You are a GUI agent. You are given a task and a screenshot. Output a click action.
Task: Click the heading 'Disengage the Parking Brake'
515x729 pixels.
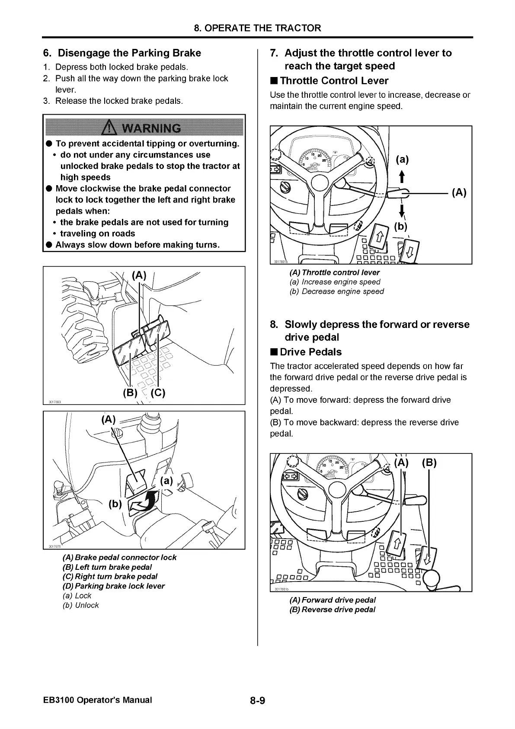click(x=129, y=53)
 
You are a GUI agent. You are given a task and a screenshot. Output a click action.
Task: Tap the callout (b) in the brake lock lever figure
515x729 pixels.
click(x=115, y=504)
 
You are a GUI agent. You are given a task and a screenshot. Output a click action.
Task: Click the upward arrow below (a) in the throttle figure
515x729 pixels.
click(x=402, y=176)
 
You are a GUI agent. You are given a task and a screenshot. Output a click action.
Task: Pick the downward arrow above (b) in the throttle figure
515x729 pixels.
click(x=402, y=211)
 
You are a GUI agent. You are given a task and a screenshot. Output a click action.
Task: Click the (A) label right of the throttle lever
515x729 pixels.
click(x=459, y=193)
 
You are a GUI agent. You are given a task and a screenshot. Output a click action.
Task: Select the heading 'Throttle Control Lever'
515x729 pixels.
click(x=334, y=81)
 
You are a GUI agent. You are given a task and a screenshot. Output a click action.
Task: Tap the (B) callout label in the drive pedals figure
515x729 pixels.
click(x=429, y=462)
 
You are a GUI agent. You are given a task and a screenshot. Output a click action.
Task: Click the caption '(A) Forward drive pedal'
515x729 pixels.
click(x=332, y=600)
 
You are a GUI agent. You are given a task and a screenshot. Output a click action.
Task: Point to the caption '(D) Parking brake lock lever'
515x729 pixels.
click(x=113, y=586)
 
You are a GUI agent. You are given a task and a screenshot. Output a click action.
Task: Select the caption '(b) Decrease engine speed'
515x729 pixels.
click(x=336, y=291)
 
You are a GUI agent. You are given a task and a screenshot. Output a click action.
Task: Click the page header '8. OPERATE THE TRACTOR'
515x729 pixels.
click(x=257, y=28)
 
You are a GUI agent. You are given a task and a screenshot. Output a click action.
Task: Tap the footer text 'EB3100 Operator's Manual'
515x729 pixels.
click(x=98, y=700)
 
